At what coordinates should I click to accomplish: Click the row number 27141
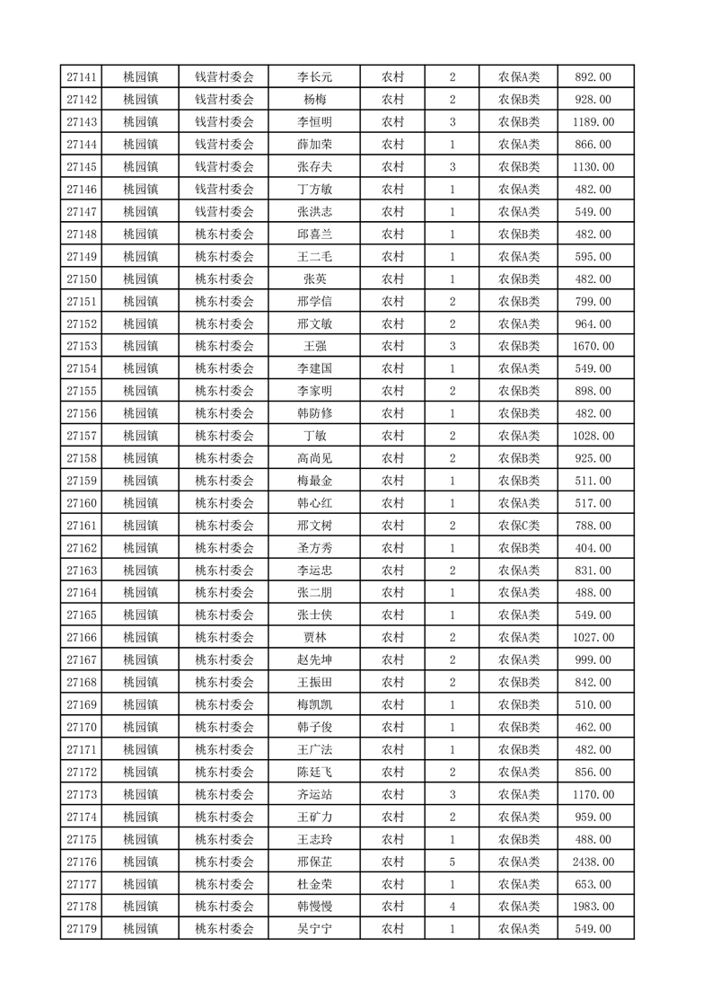pos(82,77)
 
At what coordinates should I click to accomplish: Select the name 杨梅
pos(314,100)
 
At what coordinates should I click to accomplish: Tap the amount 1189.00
pos(593,122)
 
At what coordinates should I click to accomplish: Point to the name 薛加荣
pos(314,145)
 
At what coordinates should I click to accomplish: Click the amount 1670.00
pos(593,346)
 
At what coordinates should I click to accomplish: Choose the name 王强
pos(314,346)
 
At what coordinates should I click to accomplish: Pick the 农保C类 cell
pos(519,526)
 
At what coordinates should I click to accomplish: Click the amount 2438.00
pos(593,862)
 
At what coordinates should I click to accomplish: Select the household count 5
pos(452,862)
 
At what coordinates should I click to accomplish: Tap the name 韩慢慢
pos(314,906)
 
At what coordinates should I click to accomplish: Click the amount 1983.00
pos(593,906)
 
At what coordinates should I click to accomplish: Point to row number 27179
pos(82,929)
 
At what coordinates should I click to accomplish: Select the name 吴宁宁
pos(314,929)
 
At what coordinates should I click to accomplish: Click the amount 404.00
pos(593,548)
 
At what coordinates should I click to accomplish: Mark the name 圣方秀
pos(314,548)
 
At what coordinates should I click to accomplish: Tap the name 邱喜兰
pos(314,234)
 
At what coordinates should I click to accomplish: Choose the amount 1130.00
pos(593,167)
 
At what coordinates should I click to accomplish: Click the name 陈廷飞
pos(314,772)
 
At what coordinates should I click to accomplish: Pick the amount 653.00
pos(593,884)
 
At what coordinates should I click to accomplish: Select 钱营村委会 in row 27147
pos(224,212)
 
